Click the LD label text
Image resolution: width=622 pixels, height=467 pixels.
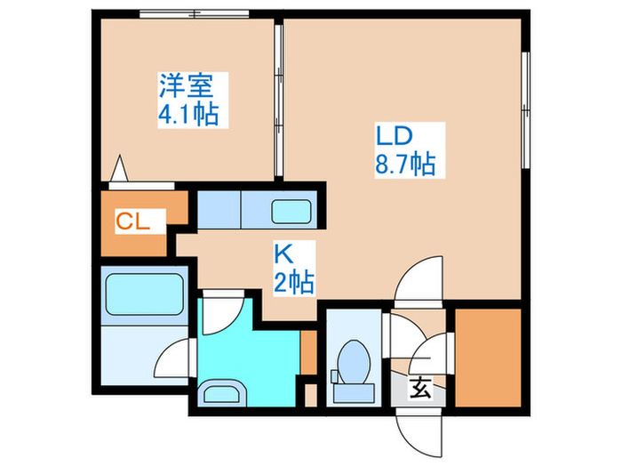coord(392,137)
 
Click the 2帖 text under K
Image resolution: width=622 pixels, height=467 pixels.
coord(291,283)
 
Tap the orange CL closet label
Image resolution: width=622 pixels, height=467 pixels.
coord(132,221)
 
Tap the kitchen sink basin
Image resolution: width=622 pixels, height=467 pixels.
coord(290,213)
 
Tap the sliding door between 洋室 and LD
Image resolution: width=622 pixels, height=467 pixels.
coord(278,98)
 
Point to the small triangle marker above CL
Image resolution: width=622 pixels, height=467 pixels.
coord(121,169)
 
